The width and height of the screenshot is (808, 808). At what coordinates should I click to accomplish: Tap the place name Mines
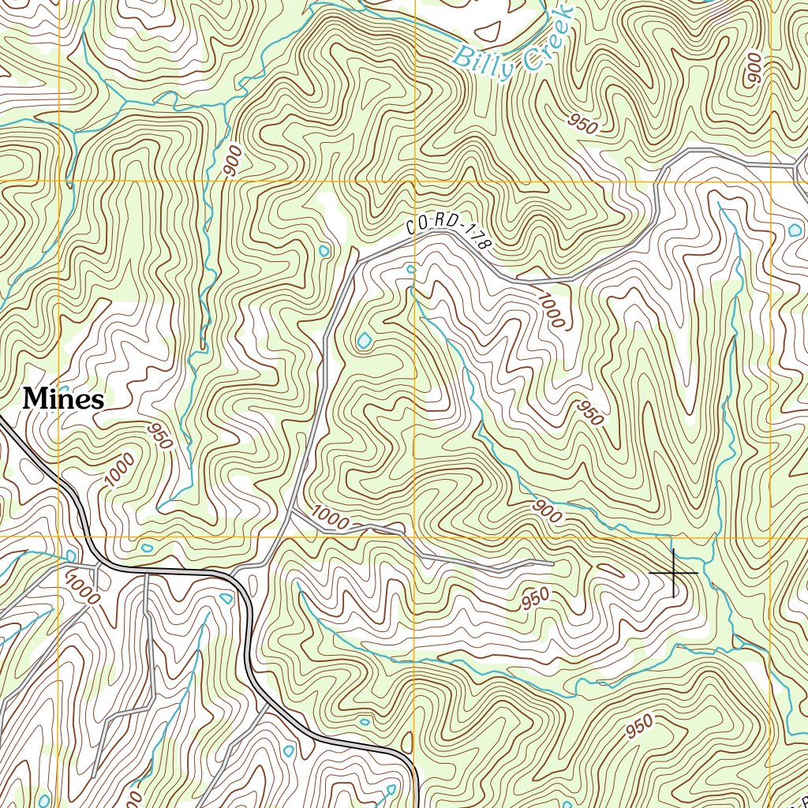[63, 399]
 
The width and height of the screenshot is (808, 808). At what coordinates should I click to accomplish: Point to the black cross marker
[673, 572]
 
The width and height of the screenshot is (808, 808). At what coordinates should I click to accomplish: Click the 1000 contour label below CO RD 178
[551, 309]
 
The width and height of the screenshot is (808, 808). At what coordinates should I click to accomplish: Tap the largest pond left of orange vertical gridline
[364, 341]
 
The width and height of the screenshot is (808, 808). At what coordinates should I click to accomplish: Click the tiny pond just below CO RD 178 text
[410, 269]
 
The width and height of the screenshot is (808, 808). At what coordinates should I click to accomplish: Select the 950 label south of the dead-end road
[535, 599]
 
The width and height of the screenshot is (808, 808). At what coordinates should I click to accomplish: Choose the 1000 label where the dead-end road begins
[330, 518]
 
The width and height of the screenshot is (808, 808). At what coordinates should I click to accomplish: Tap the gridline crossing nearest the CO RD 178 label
[415, 181]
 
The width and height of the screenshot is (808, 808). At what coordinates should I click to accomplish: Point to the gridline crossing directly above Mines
[59, 181]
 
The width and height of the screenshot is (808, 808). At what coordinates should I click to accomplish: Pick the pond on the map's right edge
[793, 230]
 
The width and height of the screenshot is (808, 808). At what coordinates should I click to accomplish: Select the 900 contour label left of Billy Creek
[232, 160]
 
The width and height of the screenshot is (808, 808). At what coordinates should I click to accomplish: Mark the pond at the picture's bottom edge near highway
[391, 789]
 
